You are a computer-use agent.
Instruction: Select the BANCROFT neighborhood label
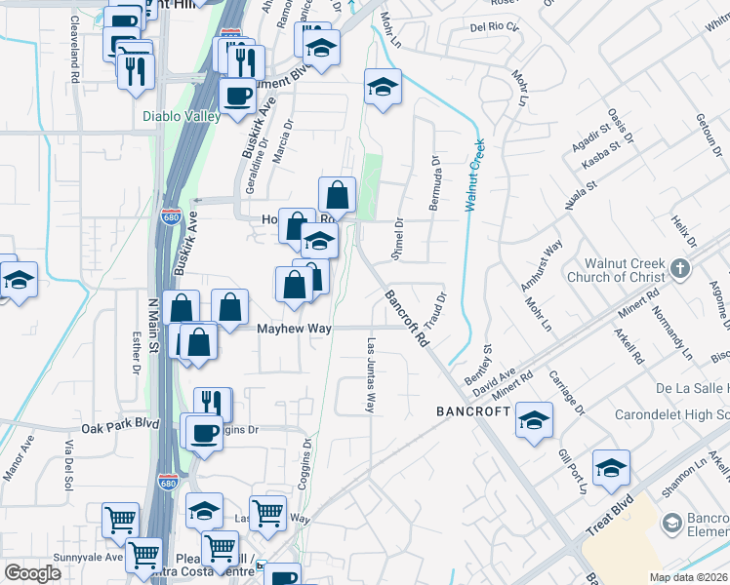point(472,412)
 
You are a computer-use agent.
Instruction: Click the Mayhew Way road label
point(293,330)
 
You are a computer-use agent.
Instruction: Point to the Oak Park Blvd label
point(119,425)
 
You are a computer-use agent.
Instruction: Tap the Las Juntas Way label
point(370,375)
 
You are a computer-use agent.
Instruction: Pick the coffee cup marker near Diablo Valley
point(237,96)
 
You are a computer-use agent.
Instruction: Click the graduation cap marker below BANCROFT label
point(534,419)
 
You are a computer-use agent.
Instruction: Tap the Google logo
point(32,572)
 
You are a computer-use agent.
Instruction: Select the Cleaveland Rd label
point(75,39)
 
